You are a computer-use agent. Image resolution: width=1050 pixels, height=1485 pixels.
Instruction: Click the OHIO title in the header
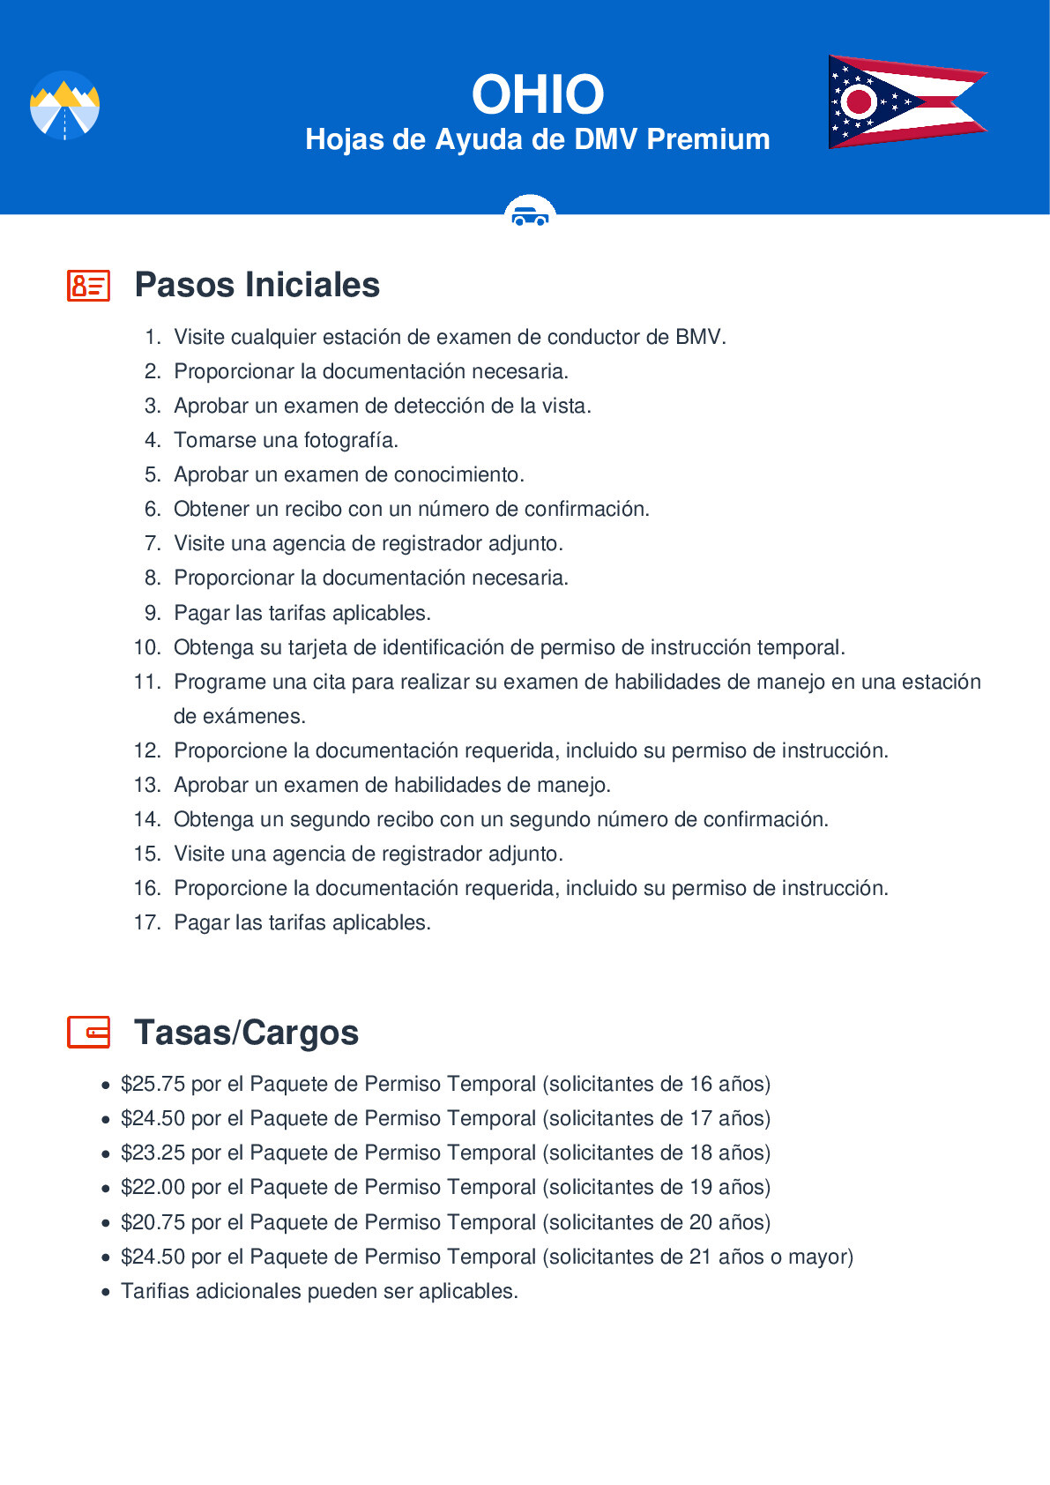click(x=537, y=94)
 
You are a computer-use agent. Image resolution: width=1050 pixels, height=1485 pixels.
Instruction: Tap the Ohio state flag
click(x=906, y=101)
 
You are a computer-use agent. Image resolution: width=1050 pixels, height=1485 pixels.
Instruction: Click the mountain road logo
click(x=64, y=106)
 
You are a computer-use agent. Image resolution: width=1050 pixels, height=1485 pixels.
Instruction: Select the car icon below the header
click(x=530, y=214)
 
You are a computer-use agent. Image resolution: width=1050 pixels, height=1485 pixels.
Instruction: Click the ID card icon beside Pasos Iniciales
click(x=88, y=286)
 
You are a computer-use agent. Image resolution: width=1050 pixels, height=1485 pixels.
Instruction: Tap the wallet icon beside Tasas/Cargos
click(x=88, y=1032)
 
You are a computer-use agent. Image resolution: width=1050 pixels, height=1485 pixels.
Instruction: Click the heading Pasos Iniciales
click(x=257, y=285)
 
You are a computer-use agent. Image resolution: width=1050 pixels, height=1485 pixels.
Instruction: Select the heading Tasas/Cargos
click(x=246, y=1033)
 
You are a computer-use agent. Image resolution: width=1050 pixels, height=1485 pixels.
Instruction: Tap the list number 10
click(x=146, y=647)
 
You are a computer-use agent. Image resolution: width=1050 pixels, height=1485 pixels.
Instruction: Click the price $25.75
click(x=153, y=1084)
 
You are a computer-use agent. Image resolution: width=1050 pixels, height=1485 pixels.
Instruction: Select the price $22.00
click(x=153, y=1187)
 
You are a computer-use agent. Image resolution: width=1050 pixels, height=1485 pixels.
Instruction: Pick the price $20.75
click(x=153, y=1222)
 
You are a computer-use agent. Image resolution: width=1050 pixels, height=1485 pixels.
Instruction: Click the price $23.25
click(x=153, y=1153)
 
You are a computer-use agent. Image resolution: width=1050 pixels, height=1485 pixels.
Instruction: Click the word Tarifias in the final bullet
click(x=155, y=1291)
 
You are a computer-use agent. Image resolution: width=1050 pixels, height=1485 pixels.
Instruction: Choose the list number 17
click(x=146, y=922)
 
